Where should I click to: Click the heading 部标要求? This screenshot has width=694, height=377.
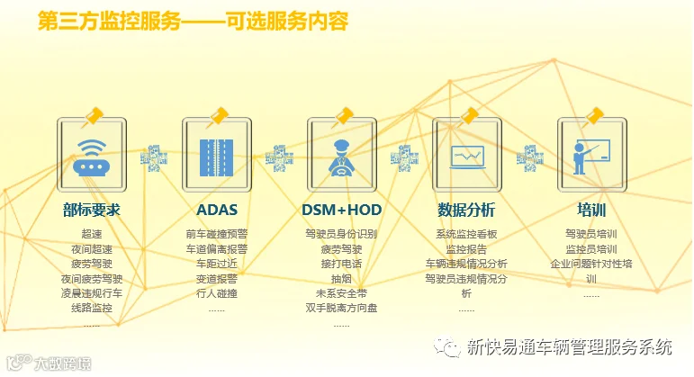point(92,211)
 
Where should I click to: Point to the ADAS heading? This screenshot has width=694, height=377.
point(217,211)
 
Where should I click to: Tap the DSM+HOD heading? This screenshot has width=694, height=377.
point(341,211)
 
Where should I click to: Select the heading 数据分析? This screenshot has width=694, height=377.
point(466,211)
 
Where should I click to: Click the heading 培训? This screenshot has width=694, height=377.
point(591,211)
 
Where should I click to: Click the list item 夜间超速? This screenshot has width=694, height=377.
point(92,249)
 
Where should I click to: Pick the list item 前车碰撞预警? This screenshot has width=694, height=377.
point(217,234)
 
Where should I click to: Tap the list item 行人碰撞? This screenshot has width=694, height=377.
point(217,293)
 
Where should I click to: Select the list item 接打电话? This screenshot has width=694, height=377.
point(341,264)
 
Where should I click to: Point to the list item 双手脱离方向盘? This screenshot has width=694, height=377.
point(341,308)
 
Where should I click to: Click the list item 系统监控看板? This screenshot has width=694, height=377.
point(466,234)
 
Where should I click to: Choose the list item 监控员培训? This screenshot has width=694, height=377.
point(591,249)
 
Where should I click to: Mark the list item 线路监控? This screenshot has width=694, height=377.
point(92,308)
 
